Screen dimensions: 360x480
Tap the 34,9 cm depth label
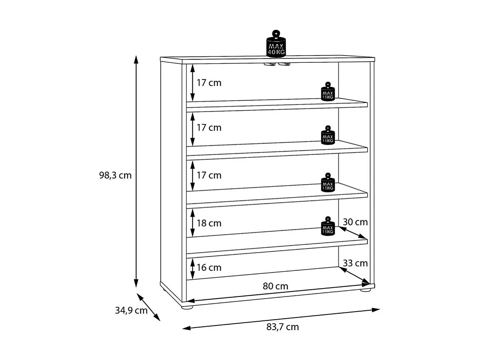click(131, 311)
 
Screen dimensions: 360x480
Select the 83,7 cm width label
click(282, 327)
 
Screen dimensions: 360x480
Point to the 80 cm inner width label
click(276, 286)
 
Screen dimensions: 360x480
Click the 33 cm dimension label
click(355, 263)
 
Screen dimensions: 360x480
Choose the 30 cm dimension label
click(355, 222)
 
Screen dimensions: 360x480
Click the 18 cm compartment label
click(209, 223)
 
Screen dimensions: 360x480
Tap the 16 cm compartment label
click(209, 267)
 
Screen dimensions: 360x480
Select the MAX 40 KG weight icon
click(276, 44)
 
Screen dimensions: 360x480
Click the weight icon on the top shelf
click(328, 92)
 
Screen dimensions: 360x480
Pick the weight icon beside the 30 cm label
click(328, 226)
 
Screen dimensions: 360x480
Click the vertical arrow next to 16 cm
click(192, 269)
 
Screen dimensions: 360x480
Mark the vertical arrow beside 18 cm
click(192, 223)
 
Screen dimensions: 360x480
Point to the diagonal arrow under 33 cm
click(354, 275)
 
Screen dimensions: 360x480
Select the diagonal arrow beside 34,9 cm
click(149, 307)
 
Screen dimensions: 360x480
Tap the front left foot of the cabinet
click(187, 307)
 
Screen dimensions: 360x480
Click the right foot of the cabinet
click(366, 290)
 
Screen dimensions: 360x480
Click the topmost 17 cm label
click(209, 83)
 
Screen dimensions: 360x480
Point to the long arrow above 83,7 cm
click(281, 319)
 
